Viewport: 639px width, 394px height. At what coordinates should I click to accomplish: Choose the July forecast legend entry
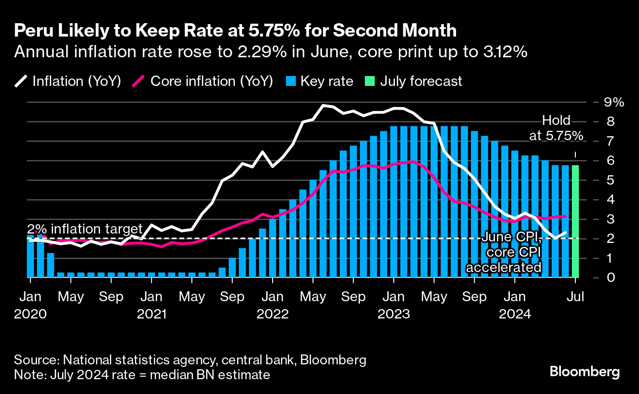[413, 81]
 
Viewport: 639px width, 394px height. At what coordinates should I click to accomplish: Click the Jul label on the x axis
[574, 297]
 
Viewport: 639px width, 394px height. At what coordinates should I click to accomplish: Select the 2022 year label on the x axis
[272, 314]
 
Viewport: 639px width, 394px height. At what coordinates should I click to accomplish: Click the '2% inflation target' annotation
[84, 229]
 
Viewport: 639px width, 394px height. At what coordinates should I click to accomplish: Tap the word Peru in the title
[31, 31]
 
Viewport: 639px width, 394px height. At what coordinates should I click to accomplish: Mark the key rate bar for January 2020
[31, 256]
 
